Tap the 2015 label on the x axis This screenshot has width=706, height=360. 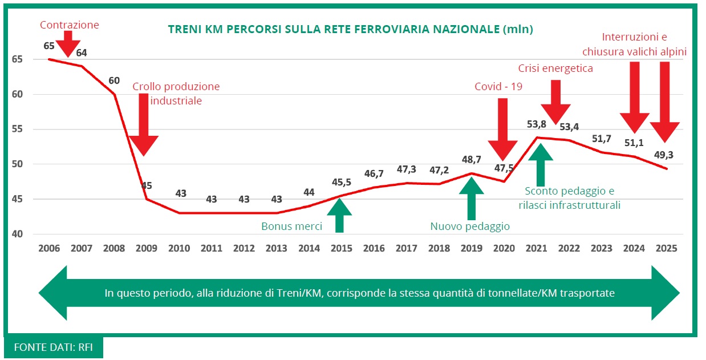341,249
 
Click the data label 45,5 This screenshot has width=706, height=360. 342,182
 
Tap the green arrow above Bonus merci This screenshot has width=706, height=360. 339,216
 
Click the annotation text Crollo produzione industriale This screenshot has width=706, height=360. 176,94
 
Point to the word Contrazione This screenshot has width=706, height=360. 69,25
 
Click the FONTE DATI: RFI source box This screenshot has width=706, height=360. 53,348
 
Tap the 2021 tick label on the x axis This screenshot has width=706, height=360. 537,249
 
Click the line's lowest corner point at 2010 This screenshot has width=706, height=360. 179,213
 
